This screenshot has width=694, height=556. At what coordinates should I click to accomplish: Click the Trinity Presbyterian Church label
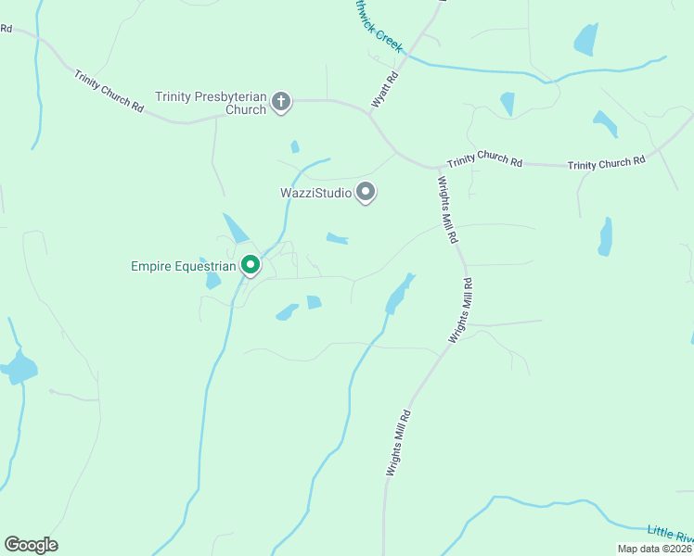[x=211, y=103]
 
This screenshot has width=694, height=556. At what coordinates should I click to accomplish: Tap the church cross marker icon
[x=281, y=103]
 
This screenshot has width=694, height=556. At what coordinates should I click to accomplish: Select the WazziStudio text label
[x=315, y=194]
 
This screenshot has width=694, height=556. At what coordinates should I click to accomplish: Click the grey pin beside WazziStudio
[x=366, y=192]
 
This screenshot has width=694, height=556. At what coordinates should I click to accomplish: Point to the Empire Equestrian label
[x=184, y=267]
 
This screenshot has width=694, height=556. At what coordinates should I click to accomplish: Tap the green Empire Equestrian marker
[x=251, y=265]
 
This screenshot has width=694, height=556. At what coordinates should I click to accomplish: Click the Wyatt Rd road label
[x=386, y=91]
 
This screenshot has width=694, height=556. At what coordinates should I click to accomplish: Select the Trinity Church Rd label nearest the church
[x=109, y=95]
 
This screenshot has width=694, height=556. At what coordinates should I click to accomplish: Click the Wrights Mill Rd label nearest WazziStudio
[x=446, y=209]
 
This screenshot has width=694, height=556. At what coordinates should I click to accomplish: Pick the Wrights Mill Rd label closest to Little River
[x=398, y=444]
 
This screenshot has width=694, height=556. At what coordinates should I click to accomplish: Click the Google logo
[x=31, y=545]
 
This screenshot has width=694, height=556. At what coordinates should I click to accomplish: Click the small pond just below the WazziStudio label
[x=337, y=239]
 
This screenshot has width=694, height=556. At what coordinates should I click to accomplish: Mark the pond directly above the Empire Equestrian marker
[x=235, y=227]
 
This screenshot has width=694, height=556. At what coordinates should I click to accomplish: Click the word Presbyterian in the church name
[x=233, y=96]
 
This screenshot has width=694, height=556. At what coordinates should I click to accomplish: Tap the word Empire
[x=150, y=267]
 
